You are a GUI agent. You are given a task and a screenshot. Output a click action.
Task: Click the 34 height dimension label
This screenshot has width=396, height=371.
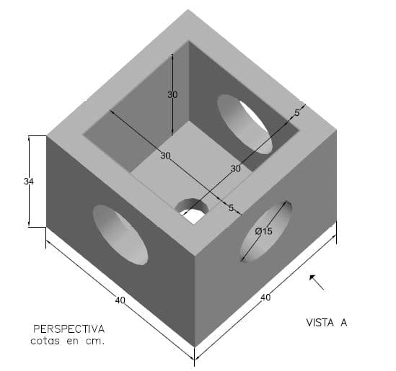pos(29,182)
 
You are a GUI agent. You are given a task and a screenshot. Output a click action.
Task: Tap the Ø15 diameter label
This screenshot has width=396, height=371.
pos(263,231)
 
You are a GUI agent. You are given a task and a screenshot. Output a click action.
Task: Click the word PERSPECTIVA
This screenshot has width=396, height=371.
pos(69,329)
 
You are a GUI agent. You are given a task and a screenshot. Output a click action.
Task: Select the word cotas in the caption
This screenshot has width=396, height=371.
pos(45,341)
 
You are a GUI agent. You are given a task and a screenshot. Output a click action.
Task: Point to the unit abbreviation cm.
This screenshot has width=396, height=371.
pos(94,341)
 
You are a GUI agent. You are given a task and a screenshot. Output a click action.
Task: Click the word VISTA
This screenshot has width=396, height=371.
pos(320,323)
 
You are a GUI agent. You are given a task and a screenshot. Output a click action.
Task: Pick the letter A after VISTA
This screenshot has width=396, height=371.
pos(344,323)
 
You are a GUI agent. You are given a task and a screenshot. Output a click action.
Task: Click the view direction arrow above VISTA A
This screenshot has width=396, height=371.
pos(317,282)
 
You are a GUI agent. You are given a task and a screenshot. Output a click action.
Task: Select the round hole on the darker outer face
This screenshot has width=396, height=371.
pos(120,235)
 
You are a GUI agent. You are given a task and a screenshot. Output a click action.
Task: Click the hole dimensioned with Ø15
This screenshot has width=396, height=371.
pos(265,231)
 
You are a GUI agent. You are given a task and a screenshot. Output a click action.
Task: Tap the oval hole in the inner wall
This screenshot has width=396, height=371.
pos(245,124)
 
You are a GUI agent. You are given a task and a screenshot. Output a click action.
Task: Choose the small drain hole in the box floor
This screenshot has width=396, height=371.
pos(192,210)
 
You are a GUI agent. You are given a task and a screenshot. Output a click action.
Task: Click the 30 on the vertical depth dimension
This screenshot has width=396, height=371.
pos(172,94)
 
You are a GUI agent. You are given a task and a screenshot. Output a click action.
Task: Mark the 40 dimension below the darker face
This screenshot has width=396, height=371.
pos(120,300)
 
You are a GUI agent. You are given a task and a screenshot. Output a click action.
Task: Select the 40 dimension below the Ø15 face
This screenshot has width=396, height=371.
pos(265,298)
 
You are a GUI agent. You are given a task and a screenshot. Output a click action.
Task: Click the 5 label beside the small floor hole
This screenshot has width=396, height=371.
pos(231,208)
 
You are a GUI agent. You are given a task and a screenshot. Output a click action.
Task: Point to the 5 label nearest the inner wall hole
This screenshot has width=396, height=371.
pos(297,113)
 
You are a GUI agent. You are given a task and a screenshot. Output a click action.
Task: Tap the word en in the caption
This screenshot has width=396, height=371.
pos(73,341)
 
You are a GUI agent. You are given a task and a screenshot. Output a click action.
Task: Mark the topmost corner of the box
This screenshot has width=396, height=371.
pos(188,9)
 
